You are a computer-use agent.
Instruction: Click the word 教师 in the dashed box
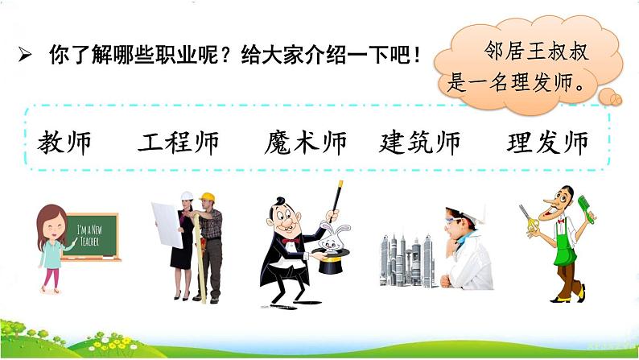coord(64,143)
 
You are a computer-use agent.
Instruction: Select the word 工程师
coord(179,143)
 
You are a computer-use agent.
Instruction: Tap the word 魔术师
coord(305,143)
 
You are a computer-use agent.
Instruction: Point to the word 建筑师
coord(419,143)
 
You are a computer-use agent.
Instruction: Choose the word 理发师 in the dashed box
coord(548,143)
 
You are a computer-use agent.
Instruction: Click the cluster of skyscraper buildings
coord(407,259)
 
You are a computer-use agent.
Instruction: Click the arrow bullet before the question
coord(24,56)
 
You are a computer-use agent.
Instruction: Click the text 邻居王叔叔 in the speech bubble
coord(537,52)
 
